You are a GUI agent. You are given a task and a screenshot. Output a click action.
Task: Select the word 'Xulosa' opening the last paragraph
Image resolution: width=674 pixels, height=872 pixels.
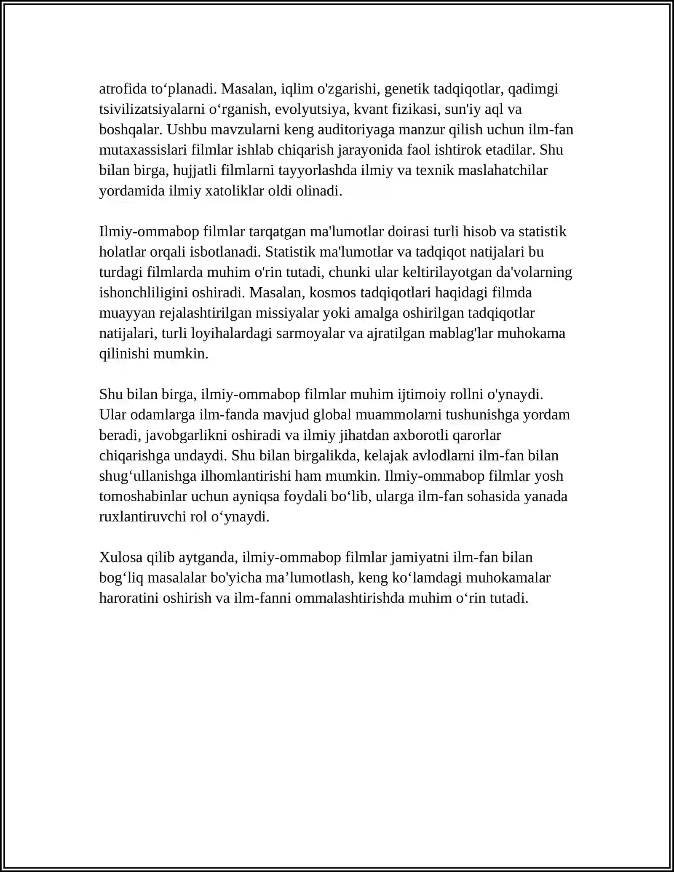[x=121, y=557]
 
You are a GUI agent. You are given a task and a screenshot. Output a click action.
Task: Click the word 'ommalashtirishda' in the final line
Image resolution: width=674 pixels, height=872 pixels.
[x=350, y=598]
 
